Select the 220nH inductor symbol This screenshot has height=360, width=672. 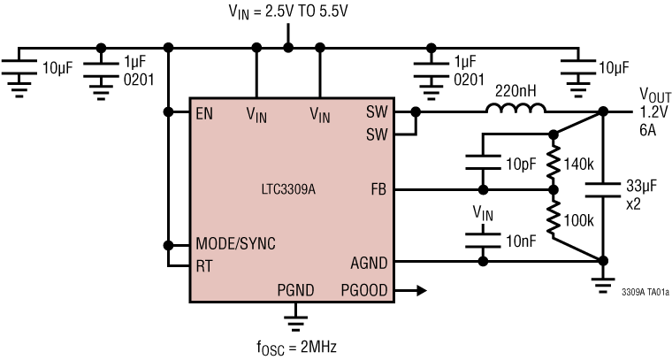pos(515,111)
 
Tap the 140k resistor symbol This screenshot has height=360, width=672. pos(554,162)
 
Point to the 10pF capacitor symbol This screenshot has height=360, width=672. pos(483,162)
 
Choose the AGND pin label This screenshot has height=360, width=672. pos(370,263)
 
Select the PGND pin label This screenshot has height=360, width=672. pos(295,288)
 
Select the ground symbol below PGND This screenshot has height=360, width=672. pos(295,314)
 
